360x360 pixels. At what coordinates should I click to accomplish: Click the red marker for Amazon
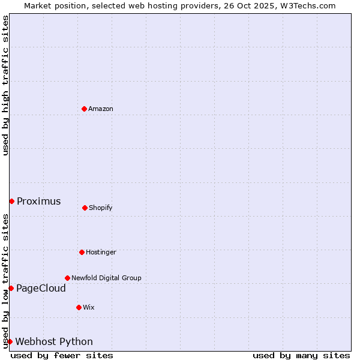(84, 109)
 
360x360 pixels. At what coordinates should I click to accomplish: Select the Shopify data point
(85, 208)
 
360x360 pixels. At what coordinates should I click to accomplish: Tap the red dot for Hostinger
(82, 252)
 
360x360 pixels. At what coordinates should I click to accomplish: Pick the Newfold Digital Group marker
(67, 278)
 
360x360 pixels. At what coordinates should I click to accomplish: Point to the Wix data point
(79, 307)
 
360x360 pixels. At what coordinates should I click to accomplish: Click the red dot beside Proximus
(11, 201)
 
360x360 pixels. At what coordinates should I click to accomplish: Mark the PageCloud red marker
(11, 288)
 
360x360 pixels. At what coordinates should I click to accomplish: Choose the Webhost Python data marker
(10, 341)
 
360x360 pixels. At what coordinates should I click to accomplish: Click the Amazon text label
(101, 109)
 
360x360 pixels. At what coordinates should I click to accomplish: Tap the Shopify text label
(101, 208)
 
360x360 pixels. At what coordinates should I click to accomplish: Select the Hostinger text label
(101, 253)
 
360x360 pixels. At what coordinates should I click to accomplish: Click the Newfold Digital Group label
(106, 278)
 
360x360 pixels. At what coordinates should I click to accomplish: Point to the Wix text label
(89, 308)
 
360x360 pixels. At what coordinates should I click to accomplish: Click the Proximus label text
(38, 202)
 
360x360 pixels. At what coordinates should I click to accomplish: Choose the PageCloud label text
(41, 289)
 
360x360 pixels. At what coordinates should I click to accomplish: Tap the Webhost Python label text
(54, 342)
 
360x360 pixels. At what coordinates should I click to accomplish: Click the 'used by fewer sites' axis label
(62, 355)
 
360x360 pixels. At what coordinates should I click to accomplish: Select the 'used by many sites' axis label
(301, 355)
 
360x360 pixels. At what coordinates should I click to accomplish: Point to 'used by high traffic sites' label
(5, 86)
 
